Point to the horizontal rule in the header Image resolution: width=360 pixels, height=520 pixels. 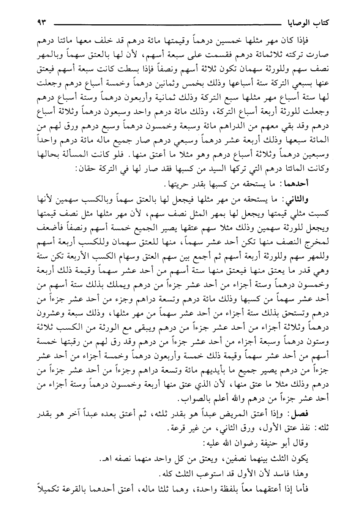167,25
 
